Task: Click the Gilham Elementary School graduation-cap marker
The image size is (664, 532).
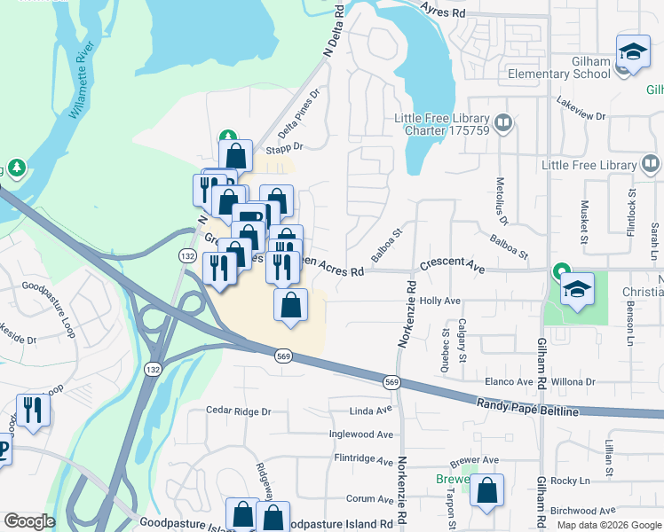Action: (x=633, y=51)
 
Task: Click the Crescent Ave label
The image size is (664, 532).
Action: (x=453, y=265)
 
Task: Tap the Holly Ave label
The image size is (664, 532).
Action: (x=440, y=301)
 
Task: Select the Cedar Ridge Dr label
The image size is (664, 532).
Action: (x=237, y=411)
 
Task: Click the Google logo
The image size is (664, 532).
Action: (x=28, y=521)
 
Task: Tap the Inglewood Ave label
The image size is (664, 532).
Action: (x=360, y=434)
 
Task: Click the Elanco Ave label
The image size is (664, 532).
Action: (x=508, y=381)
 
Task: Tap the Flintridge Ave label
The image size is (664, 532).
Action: (x=363, y=460)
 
